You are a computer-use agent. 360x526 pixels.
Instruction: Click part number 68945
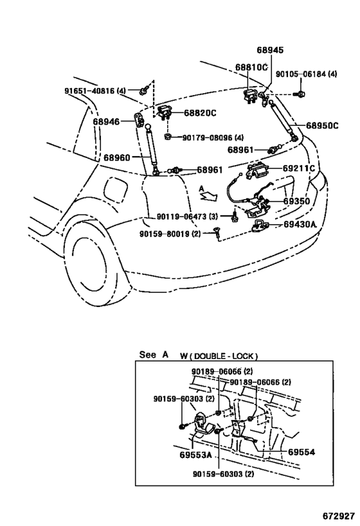(270, 50)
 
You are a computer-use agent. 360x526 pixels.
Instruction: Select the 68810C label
(251, 67)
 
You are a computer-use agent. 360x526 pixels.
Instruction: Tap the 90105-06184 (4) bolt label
(306, 74)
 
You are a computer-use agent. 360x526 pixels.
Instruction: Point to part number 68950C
(322, 125)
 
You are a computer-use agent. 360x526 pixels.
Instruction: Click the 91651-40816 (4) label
(95, 91)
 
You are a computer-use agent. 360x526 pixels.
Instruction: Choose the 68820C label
(200, 113)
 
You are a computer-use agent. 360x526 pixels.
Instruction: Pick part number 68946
(106, 121)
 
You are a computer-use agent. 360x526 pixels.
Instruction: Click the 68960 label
(116, 157)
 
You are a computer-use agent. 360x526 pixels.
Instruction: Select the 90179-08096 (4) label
(213, 137)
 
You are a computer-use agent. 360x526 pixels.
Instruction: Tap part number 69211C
(299, 168)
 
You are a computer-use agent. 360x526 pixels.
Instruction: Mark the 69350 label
(296, 201)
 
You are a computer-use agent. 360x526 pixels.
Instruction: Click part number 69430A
(300, 224)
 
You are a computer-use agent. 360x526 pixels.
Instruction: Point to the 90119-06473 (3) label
(187, 216)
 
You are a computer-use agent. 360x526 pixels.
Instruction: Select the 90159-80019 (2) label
(170, 234)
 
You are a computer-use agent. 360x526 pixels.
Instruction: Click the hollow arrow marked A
(208, 196)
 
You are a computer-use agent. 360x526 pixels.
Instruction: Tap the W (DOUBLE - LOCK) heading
(219, 356)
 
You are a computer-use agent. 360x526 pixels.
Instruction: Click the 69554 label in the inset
(301, 452)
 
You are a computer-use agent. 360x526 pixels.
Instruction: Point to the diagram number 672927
(339, 515)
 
